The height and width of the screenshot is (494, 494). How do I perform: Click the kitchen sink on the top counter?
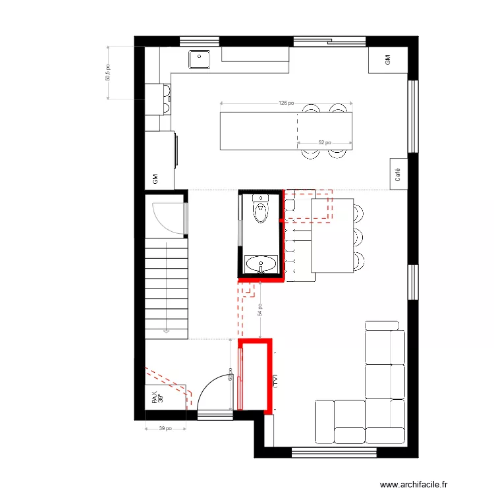pyautogui.click(x=199, y=60)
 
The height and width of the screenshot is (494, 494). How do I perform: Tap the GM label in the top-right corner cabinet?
pyautogui.click(x=387, y=60)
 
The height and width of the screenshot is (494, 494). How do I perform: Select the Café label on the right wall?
pyautogui.click(x=398, y=175)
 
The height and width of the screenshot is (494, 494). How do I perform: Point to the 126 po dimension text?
pyautogui.click(x=286, y=103)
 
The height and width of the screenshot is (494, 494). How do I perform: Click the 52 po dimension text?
pyautogui.click(x=324, y=142)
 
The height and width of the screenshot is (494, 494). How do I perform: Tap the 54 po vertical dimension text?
pyautogui.click(x=261, y=310)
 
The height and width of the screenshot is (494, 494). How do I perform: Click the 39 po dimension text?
pyautogui.click(x=165, y=429)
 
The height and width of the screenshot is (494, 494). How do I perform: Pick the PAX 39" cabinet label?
pyautogui.click(x=157, y=398)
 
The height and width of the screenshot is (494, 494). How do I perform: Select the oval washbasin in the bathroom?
pyautogui.click(x=261, y=265)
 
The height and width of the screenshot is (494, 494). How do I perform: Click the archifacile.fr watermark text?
pyautogui.click(x=414, y=484)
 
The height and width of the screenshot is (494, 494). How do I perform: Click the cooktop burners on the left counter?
pyautogui.click(x=165, y=99)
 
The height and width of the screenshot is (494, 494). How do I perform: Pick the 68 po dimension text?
pyautogui.click(x=230, y=374)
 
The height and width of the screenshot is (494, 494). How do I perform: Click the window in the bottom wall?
pyautogui.click(x=333, y=453)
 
